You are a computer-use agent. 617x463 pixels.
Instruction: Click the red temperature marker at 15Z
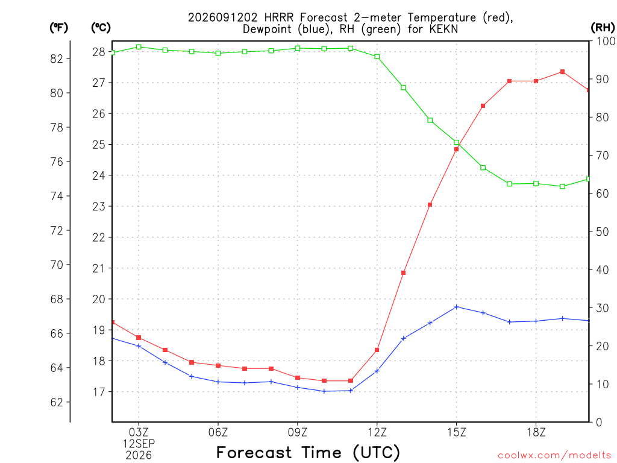pyautogui.click(x=457, y=150)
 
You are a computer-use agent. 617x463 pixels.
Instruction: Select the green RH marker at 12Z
pyautogui.click(x=377, y=57)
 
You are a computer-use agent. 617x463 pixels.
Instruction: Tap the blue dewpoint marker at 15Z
pyautogui.click(x=457, y=307)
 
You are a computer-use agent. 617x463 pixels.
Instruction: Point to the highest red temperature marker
pyautogui.click(x=562, y=72)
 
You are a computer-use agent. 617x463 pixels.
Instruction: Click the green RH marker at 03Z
pyautogui.click(x=139, y=47)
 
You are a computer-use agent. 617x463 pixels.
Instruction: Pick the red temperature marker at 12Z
pyautogui.click(x=377, y=350)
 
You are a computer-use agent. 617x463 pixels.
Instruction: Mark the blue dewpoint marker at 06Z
pyautogui.click(x=218, y=382)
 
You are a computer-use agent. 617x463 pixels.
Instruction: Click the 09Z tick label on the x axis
pyautogui.click(x=298, y=433)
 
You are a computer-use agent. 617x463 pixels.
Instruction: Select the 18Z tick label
pyautogui.click(x=536, y=433)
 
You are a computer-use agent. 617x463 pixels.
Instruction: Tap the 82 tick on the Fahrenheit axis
pyautogui.click(x=57, y=58)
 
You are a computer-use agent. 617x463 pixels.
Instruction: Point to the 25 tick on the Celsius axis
pyautogui.click(x=99, y=145)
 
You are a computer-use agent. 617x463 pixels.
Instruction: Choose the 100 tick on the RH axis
pyautogui.click(x=606, y=41)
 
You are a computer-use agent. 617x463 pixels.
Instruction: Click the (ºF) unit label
pyautogui.click(x=58, y=28)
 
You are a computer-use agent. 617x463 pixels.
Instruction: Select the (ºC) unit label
pyautogui.click(x=101, y=28)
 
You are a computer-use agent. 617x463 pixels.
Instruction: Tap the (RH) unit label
pyautogui.click(x=603, y=28)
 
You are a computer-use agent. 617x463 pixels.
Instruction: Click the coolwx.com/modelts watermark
pyautogui.click(x=554, y=455)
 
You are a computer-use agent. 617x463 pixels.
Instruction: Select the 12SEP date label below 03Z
pyautogui.click(x=139, y=444)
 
